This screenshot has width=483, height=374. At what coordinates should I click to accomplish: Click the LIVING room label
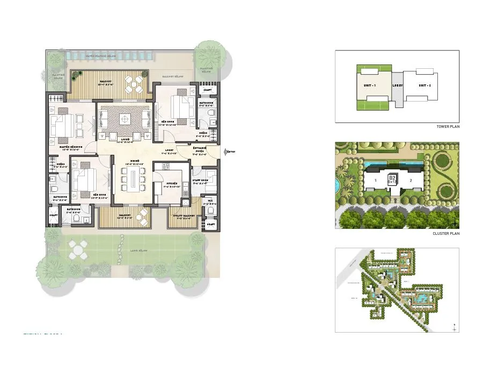click(125, 139)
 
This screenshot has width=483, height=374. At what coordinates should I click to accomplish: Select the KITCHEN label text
click(172, 183)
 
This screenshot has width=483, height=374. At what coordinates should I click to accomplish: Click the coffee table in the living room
click(125, 119)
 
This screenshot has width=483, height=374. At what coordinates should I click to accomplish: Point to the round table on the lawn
click(78, 248)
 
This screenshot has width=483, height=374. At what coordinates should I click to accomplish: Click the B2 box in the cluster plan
click(392, 178)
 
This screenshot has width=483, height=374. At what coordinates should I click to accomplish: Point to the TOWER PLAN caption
click(448, 127)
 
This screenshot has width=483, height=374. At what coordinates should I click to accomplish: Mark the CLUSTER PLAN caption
click(447, 234)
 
